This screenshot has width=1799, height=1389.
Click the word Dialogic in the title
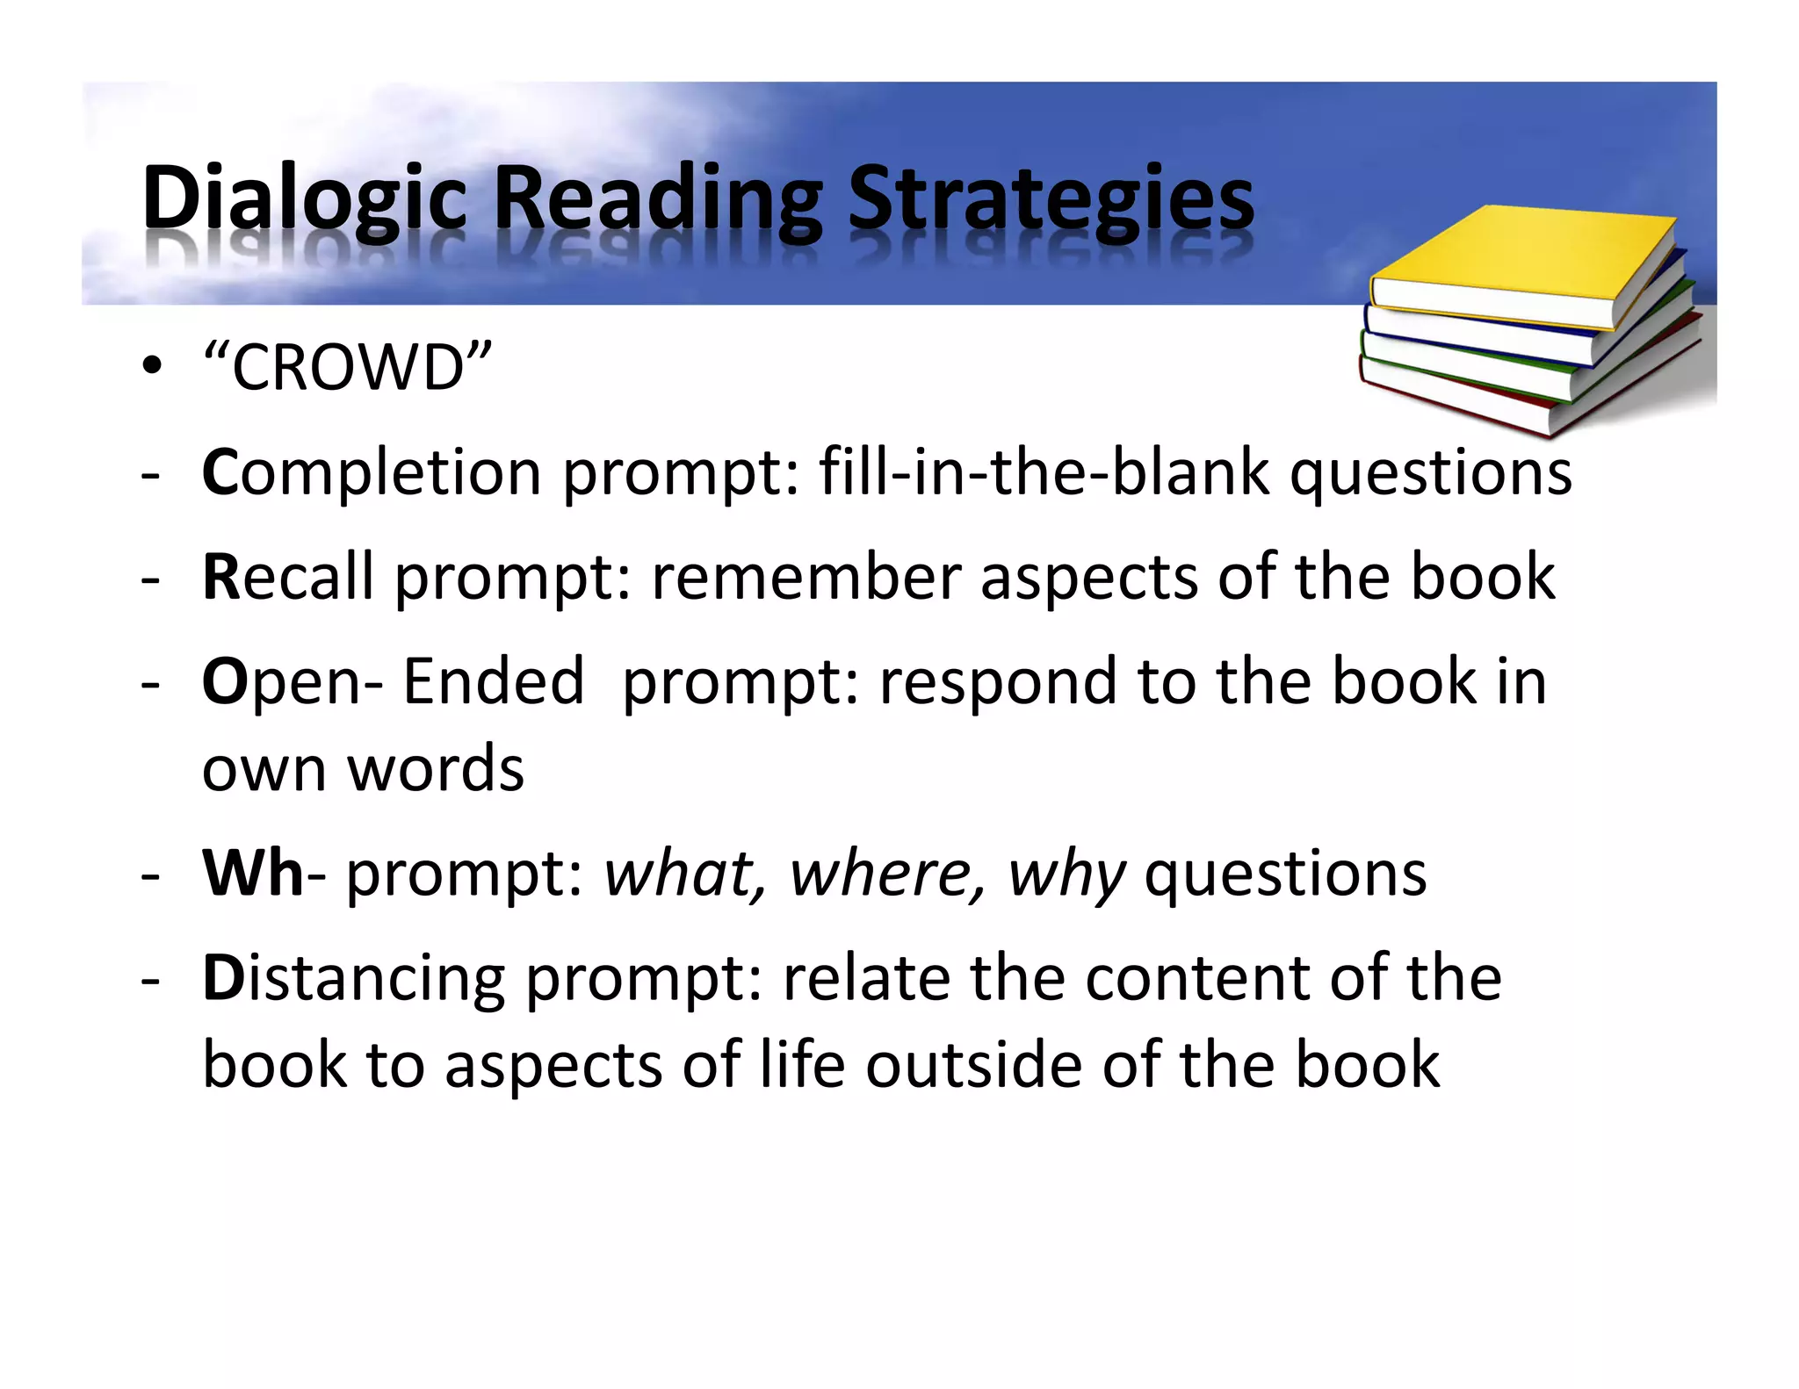click(304, 200)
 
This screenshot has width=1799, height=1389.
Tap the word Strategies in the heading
click(1051, 200)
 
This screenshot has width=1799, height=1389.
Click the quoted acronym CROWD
click(347, 367)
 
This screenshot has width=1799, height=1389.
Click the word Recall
click(288, 577)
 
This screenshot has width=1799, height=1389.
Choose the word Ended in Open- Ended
click(494, 681)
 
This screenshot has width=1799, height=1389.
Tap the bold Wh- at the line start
click(253, 873)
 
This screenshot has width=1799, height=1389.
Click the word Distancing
click(353, 979)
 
